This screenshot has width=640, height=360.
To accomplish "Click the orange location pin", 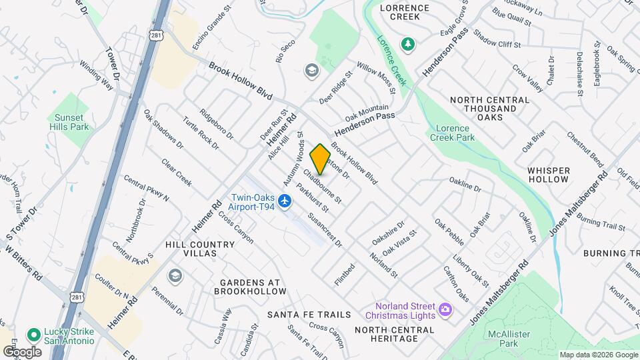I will coord(320,159).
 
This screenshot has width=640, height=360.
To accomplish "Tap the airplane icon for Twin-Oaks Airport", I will coord(286,200).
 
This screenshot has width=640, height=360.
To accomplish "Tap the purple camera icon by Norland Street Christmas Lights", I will coord(445,309).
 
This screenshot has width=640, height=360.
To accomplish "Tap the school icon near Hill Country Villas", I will coord(175,276).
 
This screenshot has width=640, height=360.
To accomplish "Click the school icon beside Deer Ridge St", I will coord(311,70).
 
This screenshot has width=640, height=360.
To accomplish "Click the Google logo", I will coord(22,351).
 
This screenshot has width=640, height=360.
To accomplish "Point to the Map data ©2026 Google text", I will coord(597,355).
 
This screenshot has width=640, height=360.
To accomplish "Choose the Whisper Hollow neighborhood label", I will coord(548,175).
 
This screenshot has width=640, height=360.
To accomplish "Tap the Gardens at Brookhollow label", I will coord(250,287).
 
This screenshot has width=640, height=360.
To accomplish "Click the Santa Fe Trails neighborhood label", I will coord(309,314).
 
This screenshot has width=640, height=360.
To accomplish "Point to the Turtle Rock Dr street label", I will coord(201,132).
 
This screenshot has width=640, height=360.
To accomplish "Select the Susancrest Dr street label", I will coord(325,231).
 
